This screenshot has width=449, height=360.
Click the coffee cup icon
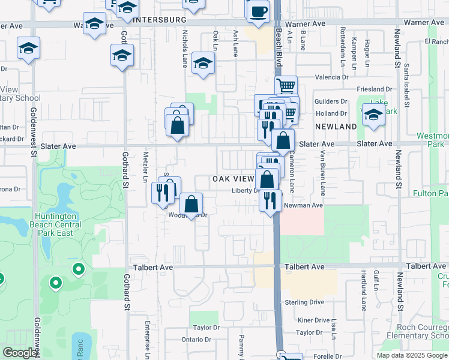tap(258, 13)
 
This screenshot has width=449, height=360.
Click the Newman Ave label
tap(303, 205)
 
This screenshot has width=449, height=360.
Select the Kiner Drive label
tap(313, 320)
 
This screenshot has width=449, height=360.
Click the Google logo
tap(20, 353)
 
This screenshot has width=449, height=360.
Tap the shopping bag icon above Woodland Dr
tap(191, 205)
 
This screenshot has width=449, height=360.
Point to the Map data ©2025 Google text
tap(412, 355)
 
